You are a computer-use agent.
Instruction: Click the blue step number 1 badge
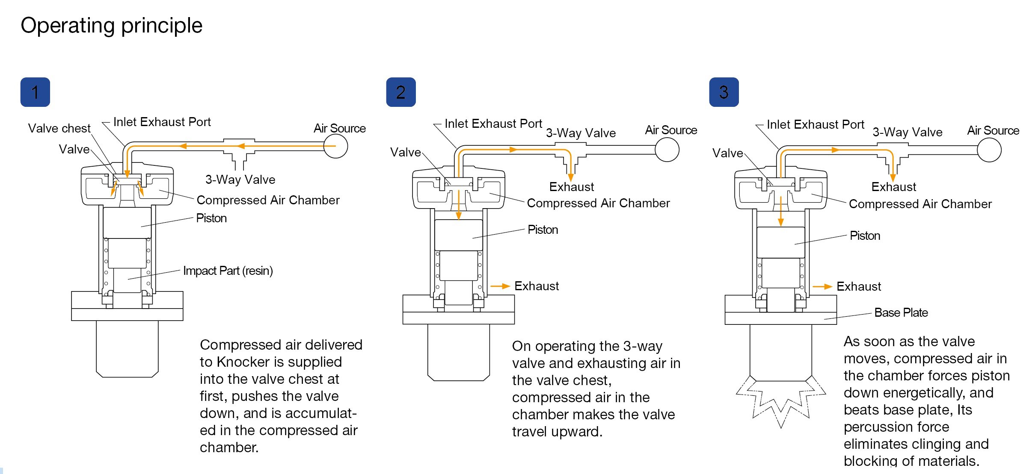pyautogui.click(x=35, y=92)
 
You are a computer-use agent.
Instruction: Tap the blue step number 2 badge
pyautogui.click(x=400, y=92)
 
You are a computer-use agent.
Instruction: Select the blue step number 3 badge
pyautogui.click(x=724, y=92)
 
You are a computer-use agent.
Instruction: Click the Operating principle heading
pyautogui.click(x=111, y=25)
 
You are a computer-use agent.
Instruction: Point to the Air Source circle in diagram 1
pyautogui.click(x=335, y=146)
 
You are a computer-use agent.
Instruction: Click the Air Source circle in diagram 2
pyautogui.click(x=667, y=150)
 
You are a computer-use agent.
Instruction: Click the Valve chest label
pyautogui.click(x=59, y=128)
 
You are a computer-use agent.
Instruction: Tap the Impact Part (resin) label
pyautogui.click(x=228, y=271)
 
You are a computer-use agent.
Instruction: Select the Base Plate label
pyautogui.click(x=901, y=312)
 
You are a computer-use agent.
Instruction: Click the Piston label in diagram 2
pyautogui.click(x=543, y=230)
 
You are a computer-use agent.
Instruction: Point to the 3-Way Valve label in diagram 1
pyautogui.click(x=240, y=180)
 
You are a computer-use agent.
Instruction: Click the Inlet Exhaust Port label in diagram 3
pyautogui.click(x=815, y=124)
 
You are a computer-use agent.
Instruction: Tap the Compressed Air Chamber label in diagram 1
pyautogui.click(x=268, y=200)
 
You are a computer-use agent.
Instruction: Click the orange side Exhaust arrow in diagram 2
pyautogui.click(x=500, y=286)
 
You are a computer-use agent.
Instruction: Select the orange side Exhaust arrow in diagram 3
pyautogui.click(x=822, y=286)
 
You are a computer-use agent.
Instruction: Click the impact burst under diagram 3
pyautogui.click(x=781, y=402)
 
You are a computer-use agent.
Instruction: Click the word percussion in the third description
pyautogui.click(x=896, y=427)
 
